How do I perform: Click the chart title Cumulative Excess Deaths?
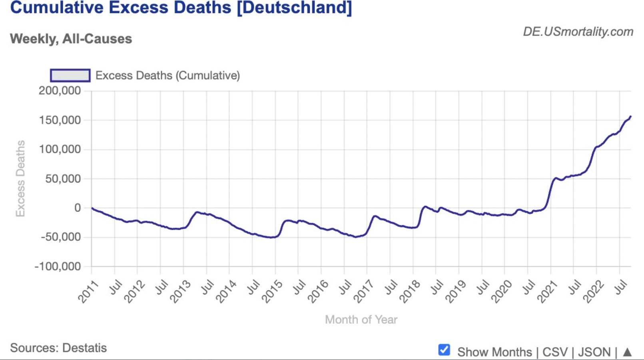click(x=181, y=8)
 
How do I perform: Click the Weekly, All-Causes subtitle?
click(x=71, y=39)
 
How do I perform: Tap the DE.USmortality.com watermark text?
click(x=578, y=32)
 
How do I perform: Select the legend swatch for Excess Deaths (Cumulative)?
click(x=70, y=75)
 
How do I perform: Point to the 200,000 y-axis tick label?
click(x=60, y=91)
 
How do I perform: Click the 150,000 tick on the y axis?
click(x=60, y=120)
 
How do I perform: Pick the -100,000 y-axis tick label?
click(x=58, y=266)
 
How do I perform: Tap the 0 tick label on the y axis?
click(x=77, y=208)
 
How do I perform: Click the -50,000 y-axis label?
click(x=60, y=237)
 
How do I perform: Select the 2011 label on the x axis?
click(x=88, y=292)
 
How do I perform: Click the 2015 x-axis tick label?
click(x=272, y=292)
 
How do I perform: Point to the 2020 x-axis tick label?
click(x=501, y=292)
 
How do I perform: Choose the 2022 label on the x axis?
click(x=593, y=292)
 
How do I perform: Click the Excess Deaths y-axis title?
click(x=20, y=178)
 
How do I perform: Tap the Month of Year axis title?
click(x=361, y=320)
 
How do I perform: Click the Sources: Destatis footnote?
click(x=58, y=348)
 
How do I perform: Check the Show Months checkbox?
click(x=444, y=350)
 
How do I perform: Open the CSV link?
click(x=554, y=352)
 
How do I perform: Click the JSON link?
click(x=594, y=352)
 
